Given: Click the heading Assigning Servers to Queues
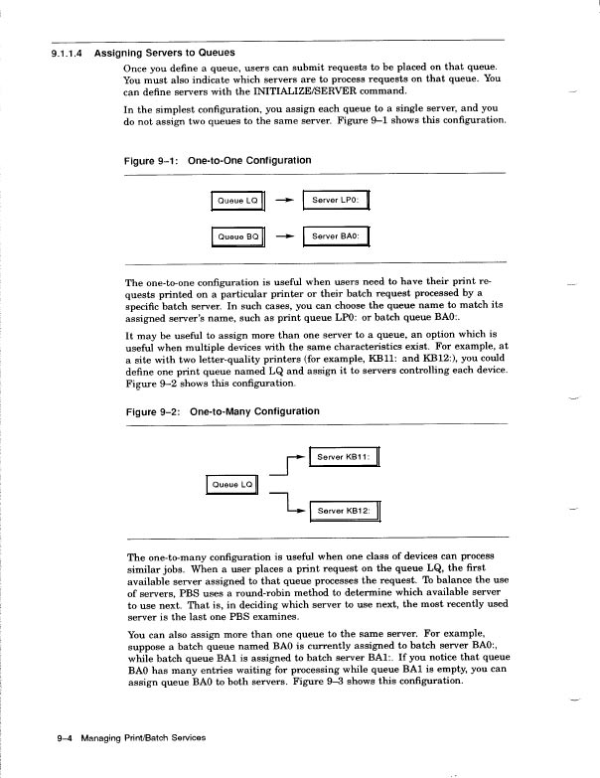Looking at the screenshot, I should point(165,53).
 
